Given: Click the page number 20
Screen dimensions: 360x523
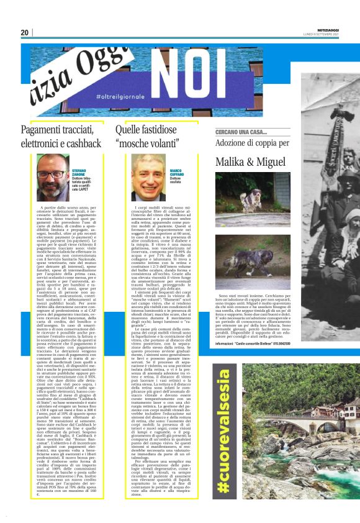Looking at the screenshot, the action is tap(24, 32).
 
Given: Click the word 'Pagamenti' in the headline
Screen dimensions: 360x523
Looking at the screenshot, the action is tap(44, 130).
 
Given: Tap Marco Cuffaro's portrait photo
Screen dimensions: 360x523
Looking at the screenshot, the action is tap(149, 176).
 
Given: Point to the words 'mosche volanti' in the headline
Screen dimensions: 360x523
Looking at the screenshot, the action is tap(152, 147).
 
